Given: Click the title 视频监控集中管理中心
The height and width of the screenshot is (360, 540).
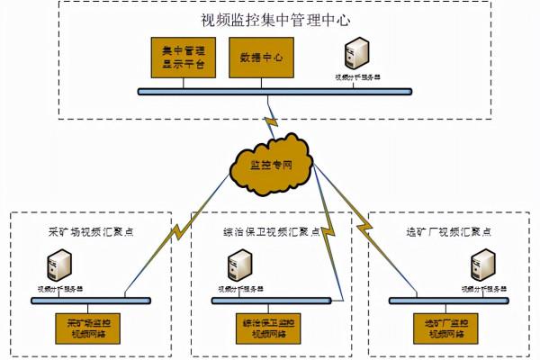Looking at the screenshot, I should pos(275,20).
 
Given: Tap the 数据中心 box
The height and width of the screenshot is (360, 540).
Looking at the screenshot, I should pos(262,58).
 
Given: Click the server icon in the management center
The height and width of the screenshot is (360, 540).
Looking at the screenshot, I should pos(357,54).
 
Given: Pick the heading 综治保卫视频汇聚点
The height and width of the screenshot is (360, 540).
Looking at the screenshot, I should pos(270,230).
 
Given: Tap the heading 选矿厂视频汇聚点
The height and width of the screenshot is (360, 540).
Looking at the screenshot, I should pos(448,229).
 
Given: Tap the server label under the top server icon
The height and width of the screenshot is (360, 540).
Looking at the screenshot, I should pos(357,77).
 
